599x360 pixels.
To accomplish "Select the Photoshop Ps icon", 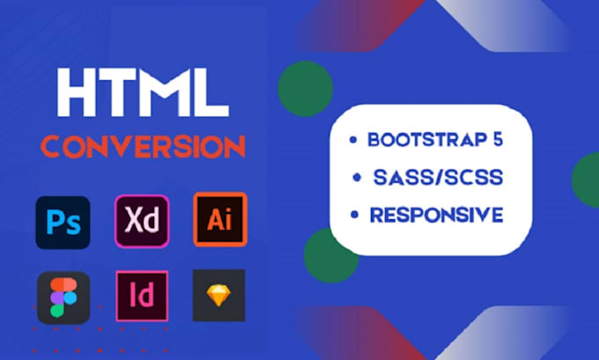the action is click(62, 220).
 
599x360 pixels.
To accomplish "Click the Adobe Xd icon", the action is click(141, 220).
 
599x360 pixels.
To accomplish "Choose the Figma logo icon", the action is click(62, 297).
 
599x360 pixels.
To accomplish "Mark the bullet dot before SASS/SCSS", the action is click(357, 179).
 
